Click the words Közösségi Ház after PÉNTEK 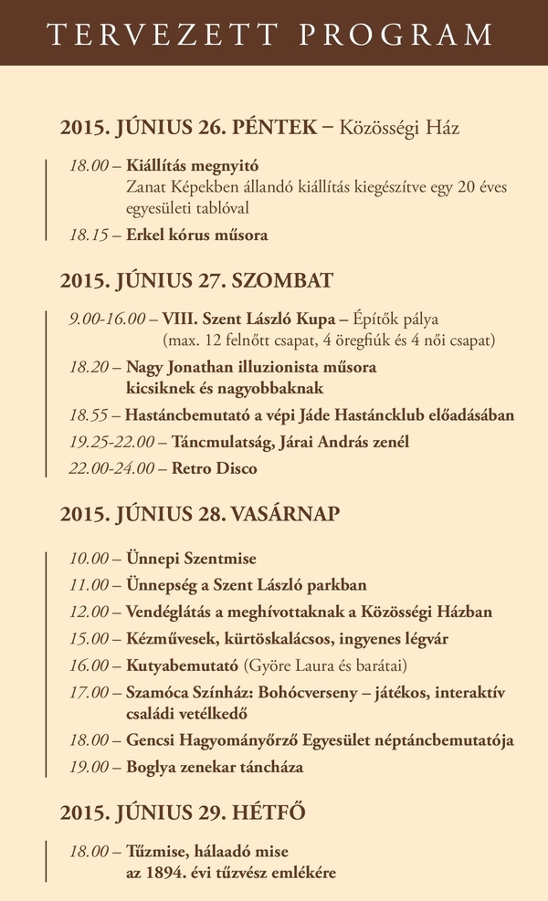pos(399,127)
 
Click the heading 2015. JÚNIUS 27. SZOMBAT pos(196,279)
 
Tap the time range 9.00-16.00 pos(107,319)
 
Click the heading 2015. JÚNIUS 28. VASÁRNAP pos(200,513)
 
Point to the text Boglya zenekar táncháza pos(215,767)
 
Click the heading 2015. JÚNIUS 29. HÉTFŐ pos(183,812)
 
